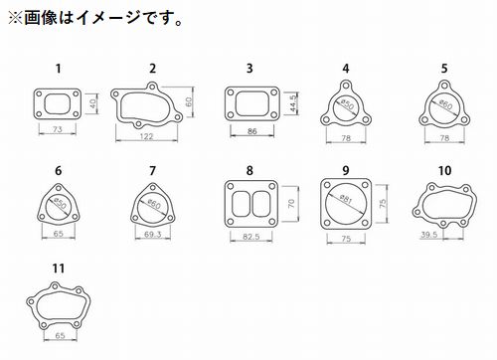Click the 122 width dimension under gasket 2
point(146,136)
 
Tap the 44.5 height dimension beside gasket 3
point(293,102)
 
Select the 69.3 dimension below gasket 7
point(153,235)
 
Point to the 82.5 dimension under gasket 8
point(251,237)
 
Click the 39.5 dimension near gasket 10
point(429,235)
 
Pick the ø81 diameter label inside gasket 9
point(346,199)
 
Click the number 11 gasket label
point(59,269)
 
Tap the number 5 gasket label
point(444,69)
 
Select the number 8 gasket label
point(249,170)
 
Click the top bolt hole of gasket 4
point(346,86)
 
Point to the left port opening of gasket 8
point(241,204)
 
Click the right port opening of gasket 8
point(260,204)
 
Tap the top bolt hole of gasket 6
point(59,188)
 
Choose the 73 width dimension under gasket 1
point(58,129)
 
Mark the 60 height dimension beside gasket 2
point(189,101)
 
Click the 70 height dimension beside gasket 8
point(291,203)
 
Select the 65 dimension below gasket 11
point(60,335)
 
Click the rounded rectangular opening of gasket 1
point(57,104)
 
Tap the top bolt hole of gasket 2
point(152,87)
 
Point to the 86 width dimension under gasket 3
point(252,131)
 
